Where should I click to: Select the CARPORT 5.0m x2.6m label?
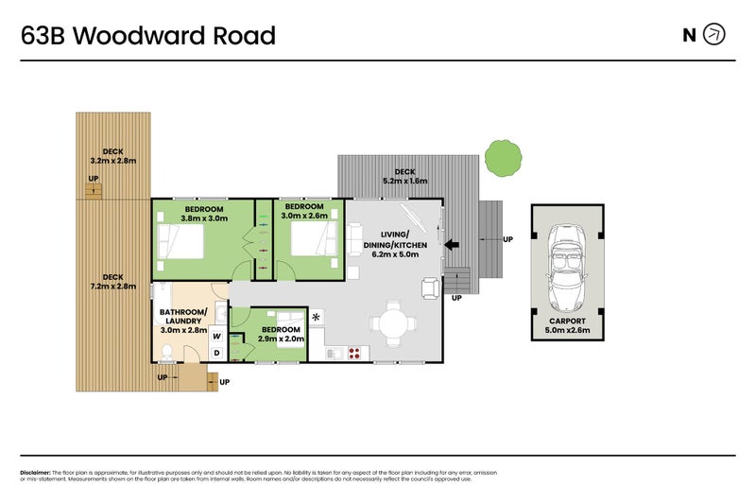(569, 327)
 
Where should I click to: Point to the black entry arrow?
(454, 245)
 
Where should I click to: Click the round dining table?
(393, 323)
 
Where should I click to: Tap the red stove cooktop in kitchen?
(356, 354)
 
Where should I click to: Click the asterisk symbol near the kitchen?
(317, 317)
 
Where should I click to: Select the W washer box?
(216, 336)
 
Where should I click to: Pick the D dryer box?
(216, 353)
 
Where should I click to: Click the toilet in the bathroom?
(166, 354)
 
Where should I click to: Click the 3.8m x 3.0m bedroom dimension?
(204, 218)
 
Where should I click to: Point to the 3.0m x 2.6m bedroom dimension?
(304, 217)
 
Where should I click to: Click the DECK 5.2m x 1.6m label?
(405, 176)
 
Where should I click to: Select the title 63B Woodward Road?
(148, 36)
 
